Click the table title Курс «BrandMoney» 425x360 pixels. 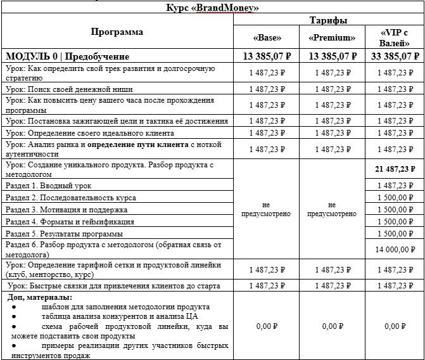(x=212, y=8)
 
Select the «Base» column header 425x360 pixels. (x=266, y=37)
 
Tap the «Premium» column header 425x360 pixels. (x=332, y=37)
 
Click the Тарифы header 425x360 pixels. (x=327, y=20)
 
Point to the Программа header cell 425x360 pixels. (x=117, y=32)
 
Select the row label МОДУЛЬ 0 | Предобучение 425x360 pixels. (x=67, y=56)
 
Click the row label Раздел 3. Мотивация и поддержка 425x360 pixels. (x=67, y=209)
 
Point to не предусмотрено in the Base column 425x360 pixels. (x=266, y=210)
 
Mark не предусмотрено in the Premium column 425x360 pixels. (x=332, y=210)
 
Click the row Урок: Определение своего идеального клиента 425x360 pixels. (x=89, y=133)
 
